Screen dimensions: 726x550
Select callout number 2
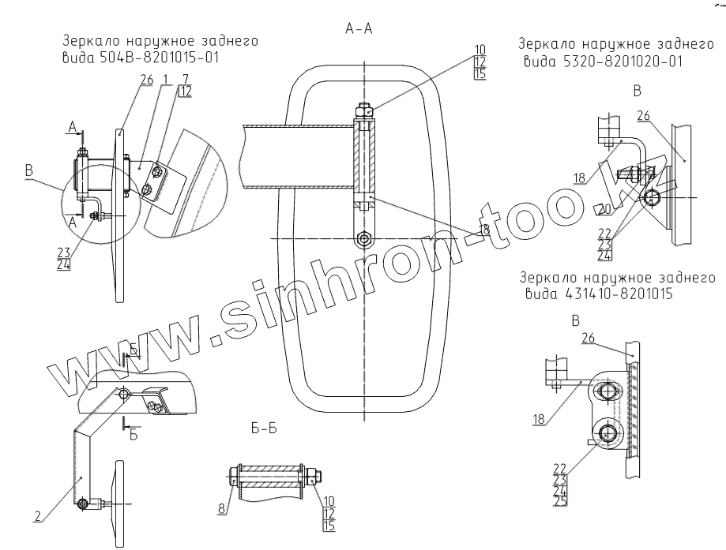(x=38, y=518)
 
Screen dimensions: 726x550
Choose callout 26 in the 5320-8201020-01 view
(x=644, y=116)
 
